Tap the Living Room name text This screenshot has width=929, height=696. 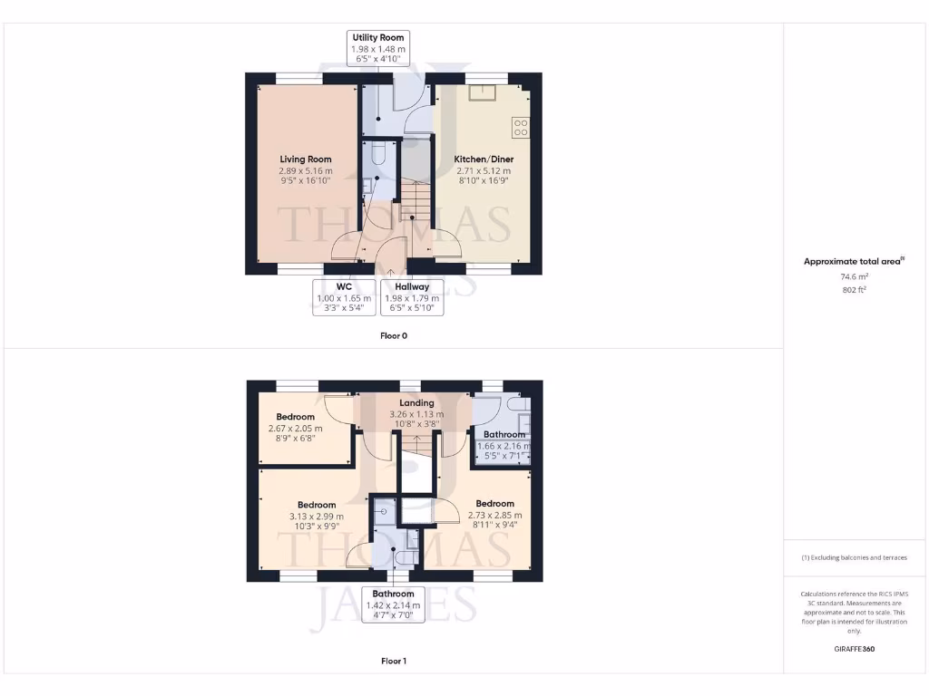coord(305,159)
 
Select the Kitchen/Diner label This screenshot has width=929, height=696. coord(482,159)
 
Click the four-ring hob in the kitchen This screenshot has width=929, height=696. coord(521,128)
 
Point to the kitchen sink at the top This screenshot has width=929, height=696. coord(481,92)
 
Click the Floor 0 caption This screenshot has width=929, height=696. coord(394,335)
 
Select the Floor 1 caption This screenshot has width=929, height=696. coord(394,662)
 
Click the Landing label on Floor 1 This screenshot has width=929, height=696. coord(416,403)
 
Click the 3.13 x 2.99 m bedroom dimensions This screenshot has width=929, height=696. coord(317,517)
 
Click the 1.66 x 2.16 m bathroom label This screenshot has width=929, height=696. coord(504,446)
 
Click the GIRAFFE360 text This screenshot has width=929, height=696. coord(854,650)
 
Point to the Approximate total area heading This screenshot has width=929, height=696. coord(853,261)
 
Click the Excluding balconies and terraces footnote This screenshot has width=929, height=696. coord(854,557)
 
